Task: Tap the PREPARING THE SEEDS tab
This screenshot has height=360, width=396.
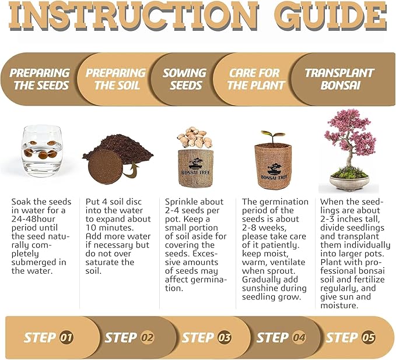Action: (x=39, y=79)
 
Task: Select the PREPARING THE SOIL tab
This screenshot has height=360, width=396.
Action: (x=115, y=79)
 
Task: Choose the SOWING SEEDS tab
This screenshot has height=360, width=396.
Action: (x=184, y=79)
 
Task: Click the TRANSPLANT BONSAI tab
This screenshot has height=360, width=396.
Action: (x=339, y=79)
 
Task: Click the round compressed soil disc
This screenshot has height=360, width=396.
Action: (x=107, y=169)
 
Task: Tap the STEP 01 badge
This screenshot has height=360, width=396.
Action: (x=49, y=337)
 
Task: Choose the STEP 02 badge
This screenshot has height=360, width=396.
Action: (x=129, y=337)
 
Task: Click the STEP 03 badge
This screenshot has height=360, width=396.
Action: (x=206, y=337)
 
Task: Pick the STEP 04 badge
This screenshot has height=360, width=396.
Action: (x=281, y=337)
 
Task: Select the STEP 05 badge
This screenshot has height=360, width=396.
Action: (x=351, y=337)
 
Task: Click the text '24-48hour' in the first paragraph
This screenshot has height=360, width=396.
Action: (x=34, y=219)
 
